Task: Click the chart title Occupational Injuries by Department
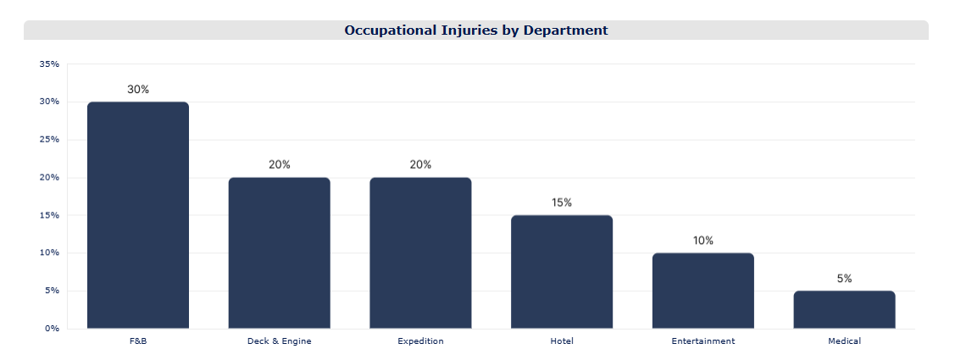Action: tap(475, 30)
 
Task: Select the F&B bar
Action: tap(138, 215)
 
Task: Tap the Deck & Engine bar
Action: tap(280, 253)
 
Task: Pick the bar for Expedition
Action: tap(420, 253)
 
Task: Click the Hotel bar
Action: tap(562, 272)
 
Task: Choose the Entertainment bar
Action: tap(702, 291)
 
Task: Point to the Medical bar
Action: tap(844, 310)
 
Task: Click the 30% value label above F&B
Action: tap(138, 90)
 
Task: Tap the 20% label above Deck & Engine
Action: tap(280, 165)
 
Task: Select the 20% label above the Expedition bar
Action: tap(420, 165)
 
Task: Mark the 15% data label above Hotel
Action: tap(562, 202)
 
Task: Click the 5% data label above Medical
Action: tap(844, 279)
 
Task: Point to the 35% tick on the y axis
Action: tap(49, 64)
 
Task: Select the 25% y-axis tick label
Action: tap(49, 140)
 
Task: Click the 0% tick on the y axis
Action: tap(52, 329)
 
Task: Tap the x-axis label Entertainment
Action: tap(702, 341)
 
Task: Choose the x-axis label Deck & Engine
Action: tap(280, 341)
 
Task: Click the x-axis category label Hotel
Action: tap(562, 341)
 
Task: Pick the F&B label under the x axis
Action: tap(138, 341)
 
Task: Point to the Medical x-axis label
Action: tap(844, 341)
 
